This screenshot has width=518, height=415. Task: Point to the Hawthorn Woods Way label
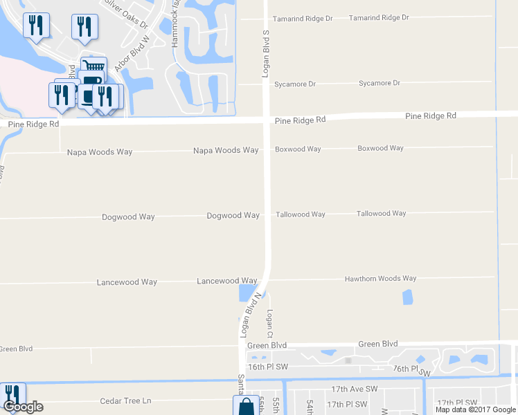[380, 279]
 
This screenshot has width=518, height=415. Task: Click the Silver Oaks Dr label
[126, 13]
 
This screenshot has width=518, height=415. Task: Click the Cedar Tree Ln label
[125, 401]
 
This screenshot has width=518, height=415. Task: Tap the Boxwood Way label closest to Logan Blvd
[298, 149]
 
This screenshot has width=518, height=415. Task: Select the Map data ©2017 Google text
[476, 409]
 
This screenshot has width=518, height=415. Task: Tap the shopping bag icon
[246, 406]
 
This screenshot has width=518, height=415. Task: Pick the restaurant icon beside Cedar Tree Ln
[12, 394]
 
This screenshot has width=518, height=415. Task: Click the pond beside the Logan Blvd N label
[247, 293]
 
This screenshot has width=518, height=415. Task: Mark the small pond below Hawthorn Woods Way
[407, 297]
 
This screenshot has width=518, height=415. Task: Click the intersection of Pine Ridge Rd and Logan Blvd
[267, 120]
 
